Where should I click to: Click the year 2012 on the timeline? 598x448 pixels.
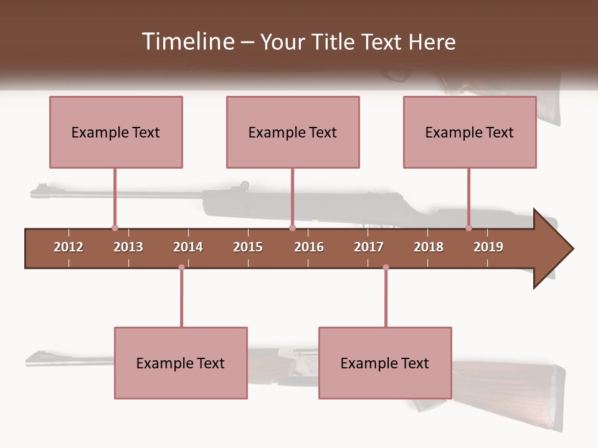coord(69,247)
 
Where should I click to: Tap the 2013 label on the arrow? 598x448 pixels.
coord(128,247)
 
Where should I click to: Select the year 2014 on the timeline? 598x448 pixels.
coord(188,247)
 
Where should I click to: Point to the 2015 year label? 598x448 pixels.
coord(248,247)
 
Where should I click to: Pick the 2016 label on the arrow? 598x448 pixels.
coord(309,247)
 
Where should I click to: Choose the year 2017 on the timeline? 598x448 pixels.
coord(369,247)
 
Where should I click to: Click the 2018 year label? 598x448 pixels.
coord(429,247)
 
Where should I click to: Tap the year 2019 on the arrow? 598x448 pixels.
coord(488,247)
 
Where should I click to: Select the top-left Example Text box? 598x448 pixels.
coord(116,132)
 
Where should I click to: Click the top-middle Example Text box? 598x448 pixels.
coord(293,132)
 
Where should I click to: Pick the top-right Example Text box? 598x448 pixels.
coord(470,132)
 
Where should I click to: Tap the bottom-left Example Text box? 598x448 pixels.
coord(181,363)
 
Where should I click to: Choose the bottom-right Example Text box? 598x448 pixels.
coord(385,363)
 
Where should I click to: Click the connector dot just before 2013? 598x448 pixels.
coord(115,228)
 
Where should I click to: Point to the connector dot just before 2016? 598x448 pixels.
coord(292,228)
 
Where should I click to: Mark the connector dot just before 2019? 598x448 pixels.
coord(469,228)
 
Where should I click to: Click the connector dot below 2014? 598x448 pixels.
coord(181,268)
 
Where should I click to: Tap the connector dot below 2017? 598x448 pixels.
coord(386,268)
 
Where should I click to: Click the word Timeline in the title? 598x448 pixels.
coord(187,42)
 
